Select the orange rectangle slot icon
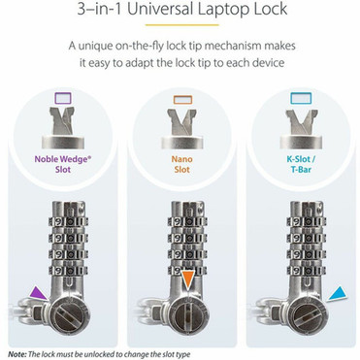click(180, 98)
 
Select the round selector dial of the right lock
click(300, 314)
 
